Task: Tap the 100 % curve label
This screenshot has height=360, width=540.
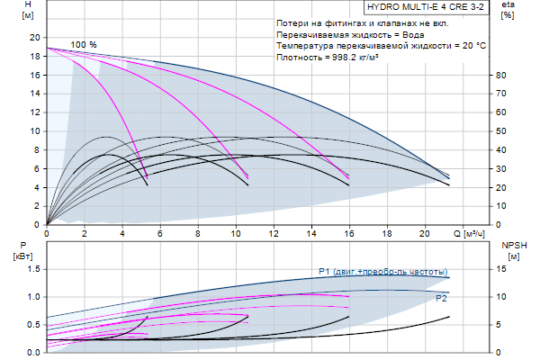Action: (x=84, y=45)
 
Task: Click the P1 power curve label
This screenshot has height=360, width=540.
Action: (x=383, y=272)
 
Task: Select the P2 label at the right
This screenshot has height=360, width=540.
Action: (x=442, y=298)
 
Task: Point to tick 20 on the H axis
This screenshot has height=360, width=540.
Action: (x=36, y=38)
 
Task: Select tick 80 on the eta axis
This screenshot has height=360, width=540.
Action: (x=502, y=76)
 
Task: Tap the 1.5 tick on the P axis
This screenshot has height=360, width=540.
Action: (x=34, y=269)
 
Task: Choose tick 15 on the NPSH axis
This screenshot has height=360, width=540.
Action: (x=502, y=269)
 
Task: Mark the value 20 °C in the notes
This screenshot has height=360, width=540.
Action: (x=471, y=45)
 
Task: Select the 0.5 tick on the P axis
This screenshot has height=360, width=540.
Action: (x=34, y=325)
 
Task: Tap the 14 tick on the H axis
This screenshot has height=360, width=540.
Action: (x=36, y=94)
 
